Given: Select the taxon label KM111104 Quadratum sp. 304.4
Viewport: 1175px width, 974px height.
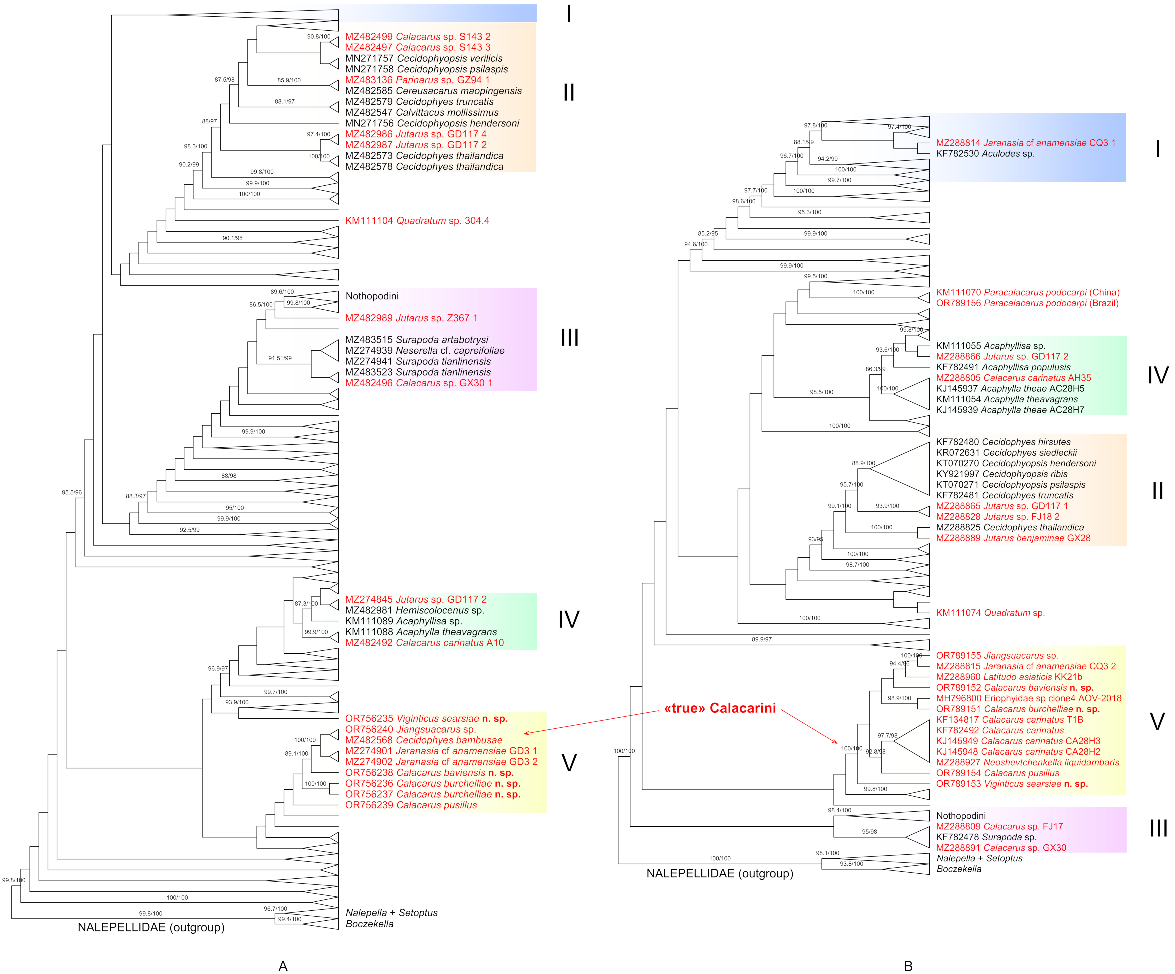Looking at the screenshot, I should (x=417, y=220).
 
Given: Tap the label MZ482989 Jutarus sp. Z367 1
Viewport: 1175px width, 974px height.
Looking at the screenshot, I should (x=411, y=318).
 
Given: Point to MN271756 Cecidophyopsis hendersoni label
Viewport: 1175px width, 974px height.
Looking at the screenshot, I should (x=432, y=123).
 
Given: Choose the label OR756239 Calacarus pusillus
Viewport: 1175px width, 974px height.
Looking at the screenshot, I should (x=411, y=805).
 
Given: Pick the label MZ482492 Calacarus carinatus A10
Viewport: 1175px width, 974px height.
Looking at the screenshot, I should (x=424, y=643).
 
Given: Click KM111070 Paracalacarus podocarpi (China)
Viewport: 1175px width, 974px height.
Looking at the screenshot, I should (x=1027, y=292).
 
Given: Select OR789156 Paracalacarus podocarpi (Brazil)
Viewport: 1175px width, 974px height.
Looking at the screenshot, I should (x=1027, y=303).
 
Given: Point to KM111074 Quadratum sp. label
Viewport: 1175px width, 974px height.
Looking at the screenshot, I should (x=990, y=613).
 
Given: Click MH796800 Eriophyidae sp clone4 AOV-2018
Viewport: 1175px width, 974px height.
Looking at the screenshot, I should (x=1028, y=698).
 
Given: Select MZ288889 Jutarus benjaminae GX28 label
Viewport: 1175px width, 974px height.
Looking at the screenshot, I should (x=1013, y=538).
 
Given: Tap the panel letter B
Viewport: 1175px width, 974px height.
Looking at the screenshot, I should (x=908, y=966).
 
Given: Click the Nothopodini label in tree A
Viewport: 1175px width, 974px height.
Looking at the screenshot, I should (x=372, y=296).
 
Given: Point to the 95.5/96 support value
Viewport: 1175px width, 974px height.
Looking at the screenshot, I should (x=72, y=492).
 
